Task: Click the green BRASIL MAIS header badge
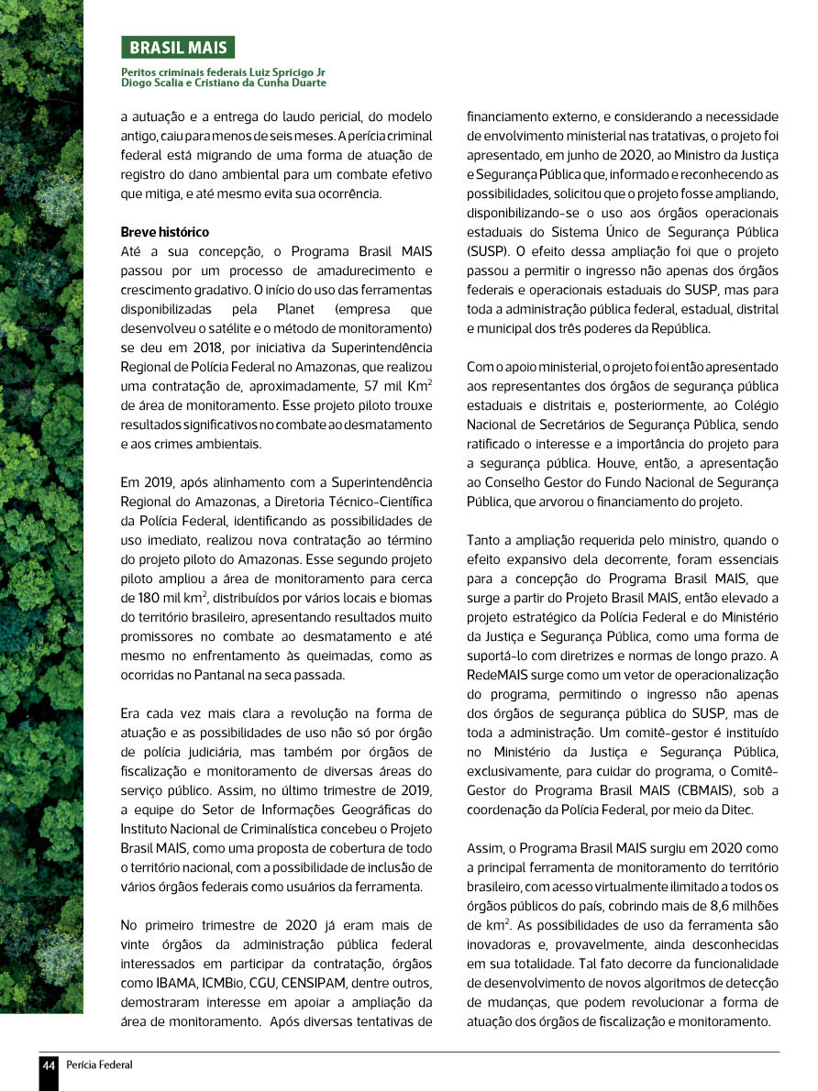178,48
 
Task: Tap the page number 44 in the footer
49,1064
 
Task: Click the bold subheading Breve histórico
165,232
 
